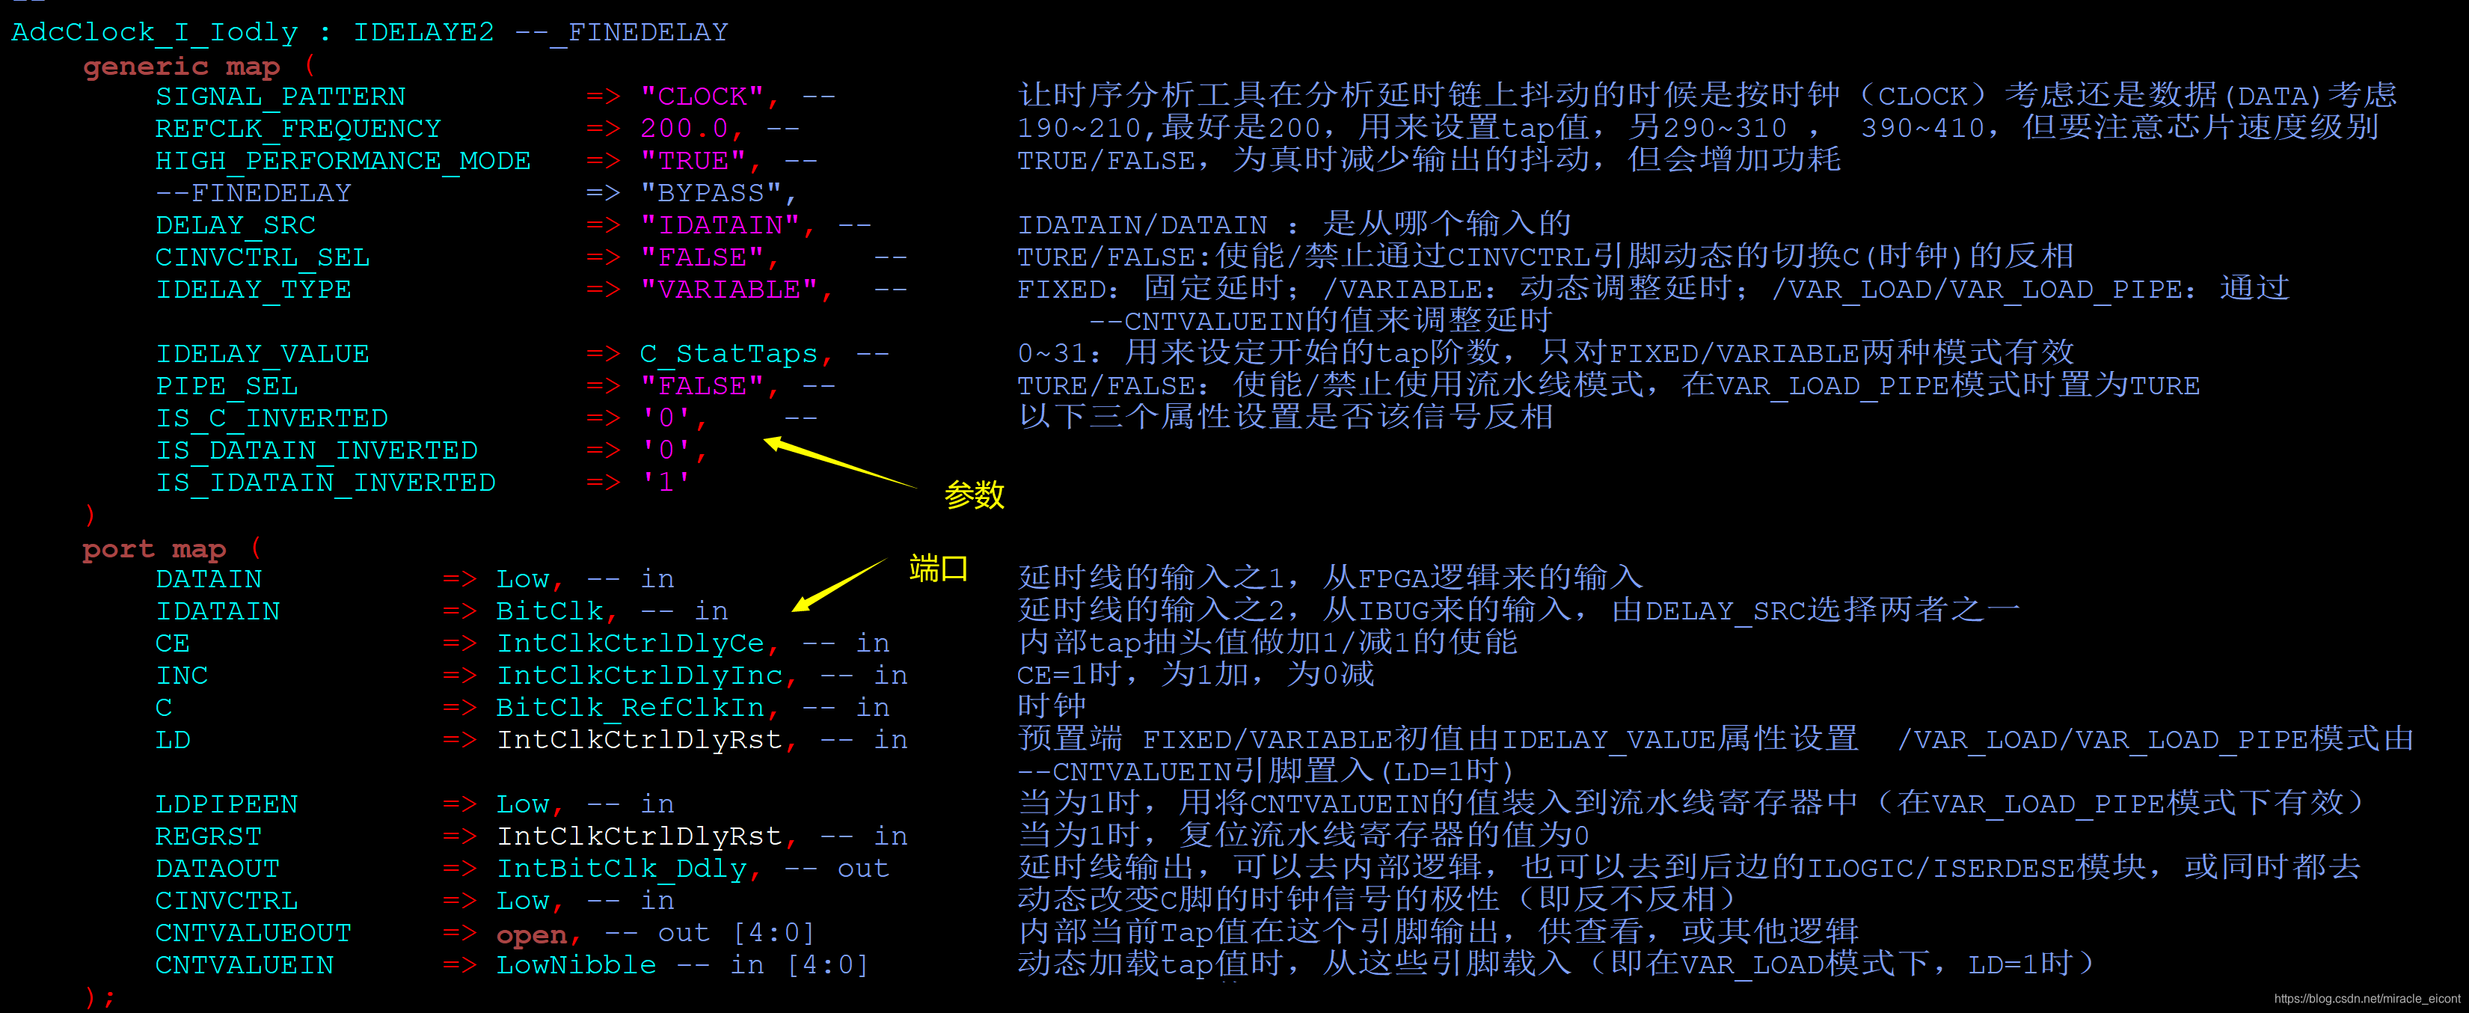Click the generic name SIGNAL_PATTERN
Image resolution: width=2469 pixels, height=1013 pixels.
point(280,97)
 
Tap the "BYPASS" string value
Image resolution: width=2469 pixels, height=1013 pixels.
point(711,194)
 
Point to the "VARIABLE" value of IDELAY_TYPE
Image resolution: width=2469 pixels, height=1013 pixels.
point(729,290)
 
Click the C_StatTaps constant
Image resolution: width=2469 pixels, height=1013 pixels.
point(728,354)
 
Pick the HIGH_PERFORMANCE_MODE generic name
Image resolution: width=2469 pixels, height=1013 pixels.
point(342,161)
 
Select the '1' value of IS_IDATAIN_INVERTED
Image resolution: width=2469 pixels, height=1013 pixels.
point(665,482)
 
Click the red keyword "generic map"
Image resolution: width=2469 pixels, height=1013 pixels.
point(181,66)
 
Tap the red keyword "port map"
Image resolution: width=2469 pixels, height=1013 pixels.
point(153,549)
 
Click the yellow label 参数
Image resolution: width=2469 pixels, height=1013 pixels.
point(974,495)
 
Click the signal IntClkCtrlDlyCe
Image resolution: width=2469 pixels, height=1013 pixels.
point(630,643)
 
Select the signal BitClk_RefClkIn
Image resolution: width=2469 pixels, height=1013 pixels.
point(630,707)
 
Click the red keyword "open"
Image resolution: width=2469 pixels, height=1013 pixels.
point(532,934)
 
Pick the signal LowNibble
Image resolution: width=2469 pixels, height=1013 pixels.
point(575,965)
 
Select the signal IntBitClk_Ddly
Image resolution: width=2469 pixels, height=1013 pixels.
point(620,869)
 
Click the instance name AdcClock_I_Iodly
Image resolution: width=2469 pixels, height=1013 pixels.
point(154,33)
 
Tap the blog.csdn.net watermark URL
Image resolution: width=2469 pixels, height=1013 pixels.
point(2366,999)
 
